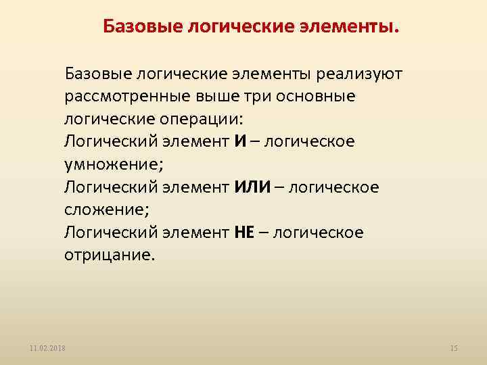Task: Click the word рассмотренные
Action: tap(126, 96)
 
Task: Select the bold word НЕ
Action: tap(243, 233)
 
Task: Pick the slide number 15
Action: tap(454, 347)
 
